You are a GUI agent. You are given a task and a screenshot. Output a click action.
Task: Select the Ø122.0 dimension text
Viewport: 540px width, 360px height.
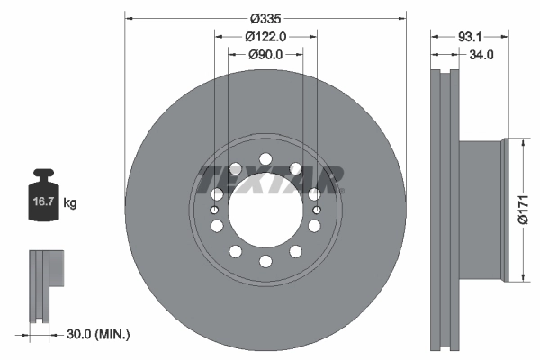265,37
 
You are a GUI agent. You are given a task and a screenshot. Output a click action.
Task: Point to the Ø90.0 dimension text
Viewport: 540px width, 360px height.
265,54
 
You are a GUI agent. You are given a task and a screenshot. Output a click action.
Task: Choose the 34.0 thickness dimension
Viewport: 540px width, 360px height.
482,55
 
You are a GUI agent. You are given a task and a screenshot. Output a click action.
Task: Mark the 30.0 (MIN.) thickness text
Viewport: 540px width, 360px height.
100,334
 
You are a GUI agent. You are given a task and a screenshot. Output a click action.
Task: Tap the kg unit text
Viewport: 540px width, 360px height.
70,204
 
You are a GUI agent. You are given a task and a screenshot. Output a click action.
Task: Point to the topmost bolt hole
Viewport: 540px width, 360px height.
265,159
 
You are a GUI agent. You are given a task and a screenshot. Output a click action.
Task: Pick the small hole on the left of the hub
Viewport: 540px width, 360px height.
215,211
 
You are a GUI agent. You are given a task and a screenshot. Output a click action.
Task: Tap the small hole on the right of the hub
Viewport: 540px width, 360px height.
317,211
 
